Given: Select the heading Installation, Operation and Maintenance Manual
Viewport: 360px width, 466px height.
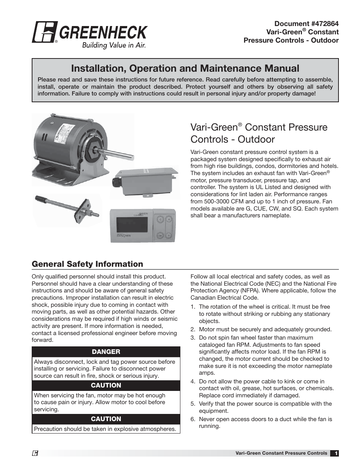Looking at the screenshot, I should [185, 68].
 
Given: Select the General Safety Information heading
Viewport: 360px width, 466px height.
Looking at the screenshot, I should [88, 264].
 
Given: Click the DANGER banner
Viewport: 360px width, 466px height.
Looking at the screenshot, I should [106, 352].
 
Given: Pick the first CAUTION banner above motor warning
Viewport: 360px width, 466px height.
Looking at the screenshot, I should [106, 385].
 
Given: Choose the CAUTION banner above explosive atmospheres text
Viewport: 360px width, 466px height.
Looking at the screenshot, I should [106, 419].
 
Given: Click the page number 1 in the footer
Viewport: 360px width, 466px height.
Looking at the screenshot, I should [335, 453].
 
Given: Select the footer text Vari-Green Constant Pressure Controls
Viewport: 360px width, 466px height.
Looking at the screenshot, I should [281, 453].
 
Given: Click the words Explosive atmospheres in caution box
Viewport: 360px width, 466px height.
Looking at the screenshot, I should [147, 429].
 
